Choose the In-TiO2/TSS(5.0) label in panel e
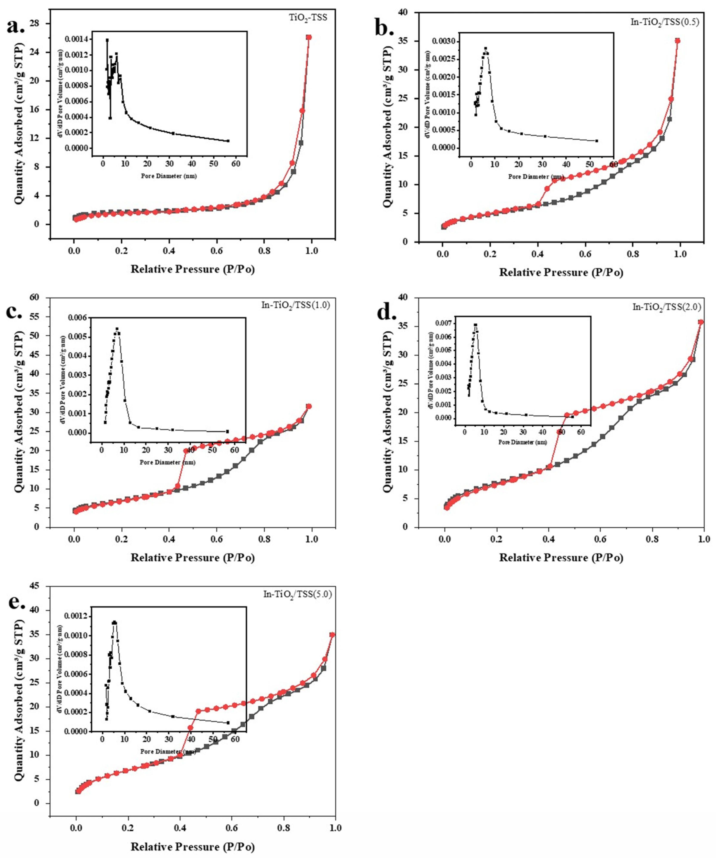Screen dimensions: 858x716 click(x=297, y=594)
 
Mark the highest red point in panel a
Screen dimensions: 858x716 click(x=309, y=37)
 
